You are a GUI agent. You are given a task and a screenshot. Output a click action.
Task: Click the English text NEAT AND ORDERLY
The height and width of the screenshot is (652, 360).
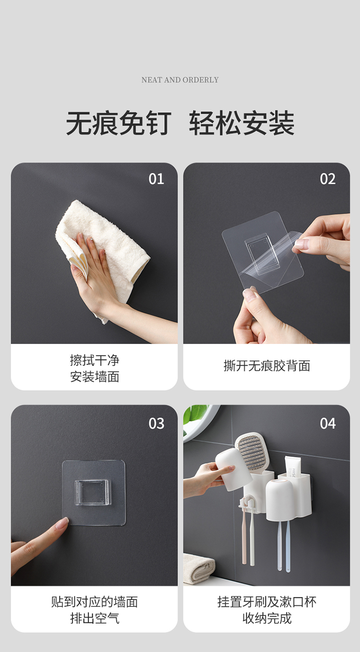coord(180,80)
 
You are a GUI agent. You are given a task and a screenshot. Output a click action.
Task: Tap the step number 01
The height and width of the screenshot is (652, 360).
coord(156,179)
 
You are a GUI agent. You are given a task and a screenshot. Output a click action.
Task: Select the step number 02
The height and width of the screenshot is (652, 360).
coord(328,179)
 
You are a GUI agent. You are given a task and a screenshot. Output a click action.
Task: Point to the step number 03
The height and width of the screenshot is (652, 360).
coord(156,424)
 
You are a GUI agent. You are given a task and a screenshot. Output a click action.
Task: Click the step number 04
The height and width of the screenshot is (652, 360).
coord(328,424)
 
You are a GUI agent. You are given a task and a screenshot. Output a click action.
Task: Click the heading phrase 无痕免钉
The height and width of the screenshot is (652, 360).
coord(119,123)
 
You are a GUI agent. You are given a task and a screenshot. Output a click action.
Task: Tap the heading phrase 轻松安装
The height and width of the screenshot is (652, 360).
coord(242,123)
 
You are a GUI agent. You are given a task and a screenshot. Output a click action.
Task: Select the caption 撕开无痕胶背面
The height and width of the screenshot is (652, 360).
coord(267,366)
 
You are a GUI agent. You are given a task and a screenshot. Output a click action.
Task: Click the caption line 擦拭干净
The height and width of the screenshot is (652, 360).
coord(95,360)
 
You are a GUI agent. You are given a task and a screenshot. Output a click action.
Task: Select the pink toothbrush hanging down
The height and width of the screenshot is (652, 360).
coord(244,535)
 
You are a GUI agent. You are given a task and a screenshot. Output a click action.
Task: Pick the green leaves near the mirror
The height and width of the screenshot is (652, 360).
coord(194,415)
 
